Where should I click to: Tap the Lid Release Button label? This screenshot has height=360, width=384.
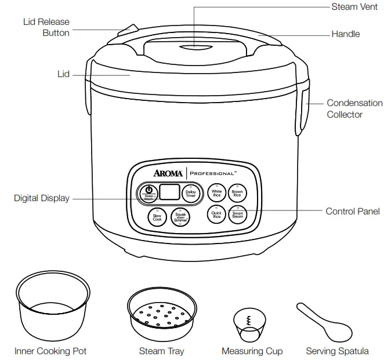click(46, 27)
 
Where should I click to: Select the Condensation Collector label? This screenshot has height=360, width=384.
click(354, 108)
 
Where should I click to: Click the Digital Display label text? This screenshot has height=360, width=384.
click(41, 198)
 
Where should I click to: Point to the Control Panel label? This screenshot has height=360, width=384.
click(353, 212)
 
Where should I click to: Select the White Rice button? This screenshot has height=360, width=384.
click(216, 193)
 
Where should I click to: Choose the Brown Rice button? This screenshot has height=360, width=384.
click(237, 193)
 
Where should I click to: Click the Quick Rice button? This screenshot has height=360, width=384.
click(216, 214)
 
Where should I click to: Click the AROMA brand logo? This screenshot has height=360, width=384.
click(168, 173)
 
